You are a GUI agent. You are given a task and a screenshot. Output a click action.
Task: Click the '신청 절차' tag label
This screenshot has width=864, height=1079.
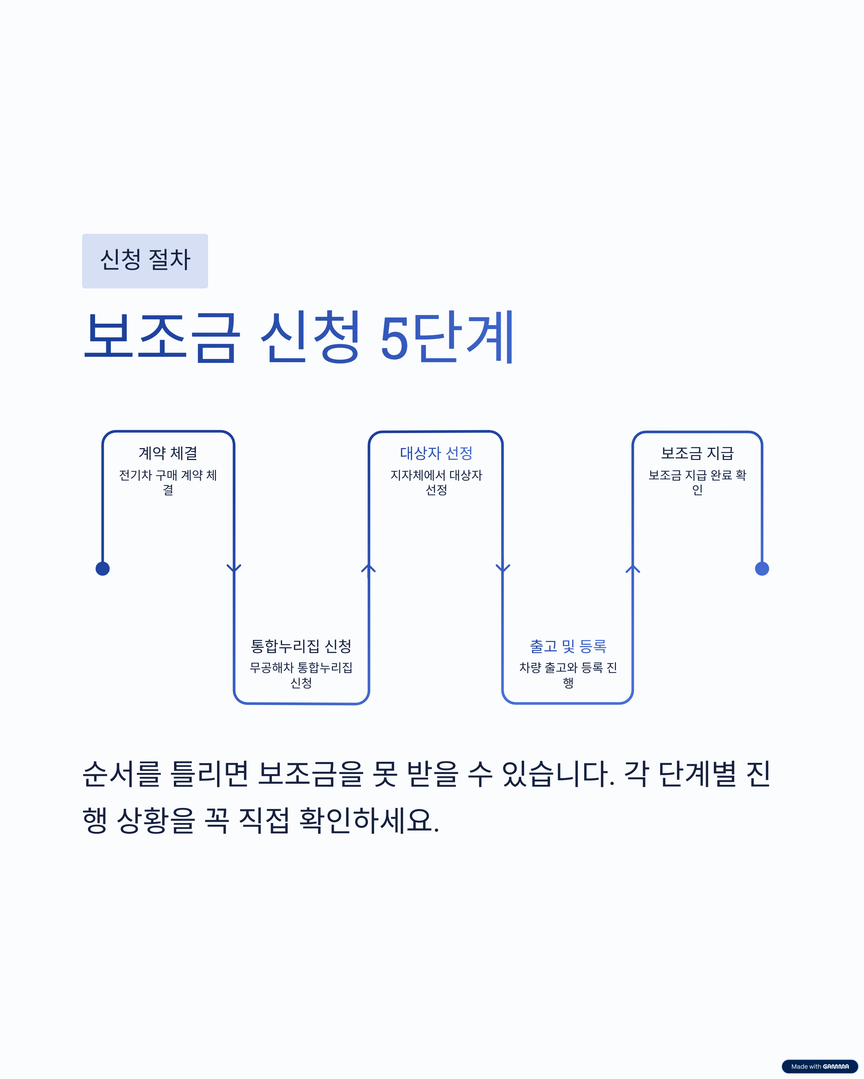[145, 261]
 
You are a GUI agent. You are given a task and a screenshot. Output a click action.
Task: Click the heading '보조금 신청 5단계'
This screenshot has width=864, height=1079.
[299, 337]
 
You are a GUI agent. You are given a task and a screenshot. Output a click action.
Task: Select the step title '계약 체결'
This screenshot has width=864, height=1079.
[168, 453]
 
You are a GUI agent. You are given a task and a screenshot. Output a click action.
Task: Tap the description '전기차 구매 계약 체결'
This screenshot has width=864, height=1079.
[168, 482]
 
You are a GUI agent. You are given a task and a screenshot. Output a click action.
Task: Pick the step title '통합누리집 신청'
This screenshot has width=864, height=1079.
[301, 646]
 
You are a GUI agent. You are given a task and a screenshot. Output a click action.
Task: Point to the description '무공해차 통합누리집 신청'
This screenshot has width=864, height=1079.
[301, 675]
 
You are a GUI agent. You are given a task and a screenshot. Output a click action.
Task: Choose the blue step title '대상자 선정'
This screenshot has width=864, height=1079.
[436, 453]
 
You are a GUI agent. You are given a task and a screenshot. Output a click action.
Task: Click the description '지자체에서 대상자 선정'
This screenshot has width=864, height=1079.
[436, 482]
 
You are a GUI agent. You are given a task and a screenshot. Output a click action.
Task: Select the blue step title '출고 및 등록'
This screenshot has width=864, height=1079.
[568, 646]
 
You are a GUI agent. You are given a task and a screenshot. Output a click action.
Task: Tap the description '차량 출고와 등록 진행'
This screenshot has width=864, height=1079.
[568, 675]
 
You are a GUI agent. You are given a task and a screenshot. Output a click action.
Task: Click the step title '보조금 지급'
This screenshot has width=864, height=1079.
[697, 453]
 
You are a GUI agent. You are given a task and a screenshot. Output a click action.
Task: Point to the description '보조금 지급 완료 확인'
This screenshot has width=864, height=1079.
[697, 482]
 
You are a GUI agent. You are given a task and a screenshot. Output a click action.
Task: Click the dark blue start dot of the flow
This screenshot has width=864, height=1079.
[103, 569]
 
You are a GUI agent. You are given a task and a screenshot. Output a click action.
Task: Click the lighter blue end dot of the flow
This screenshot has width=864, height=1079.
[762, 569]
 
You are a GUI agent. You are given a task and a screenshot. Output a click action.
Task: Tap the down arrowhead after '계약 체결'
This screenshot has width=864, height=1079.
[234, 569]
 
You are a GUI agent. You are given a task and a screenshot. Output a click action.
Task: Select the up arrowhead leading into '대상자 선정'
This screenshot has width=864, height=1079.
[369, 569]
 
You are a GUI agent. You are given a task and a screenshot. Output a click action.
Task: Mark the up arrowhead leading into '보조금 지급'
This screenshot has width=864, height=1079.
[633, 569]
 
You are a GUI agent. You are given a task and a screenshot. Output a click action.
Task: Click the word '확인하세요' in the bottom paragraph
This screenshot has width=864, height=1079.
[369, 820]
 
